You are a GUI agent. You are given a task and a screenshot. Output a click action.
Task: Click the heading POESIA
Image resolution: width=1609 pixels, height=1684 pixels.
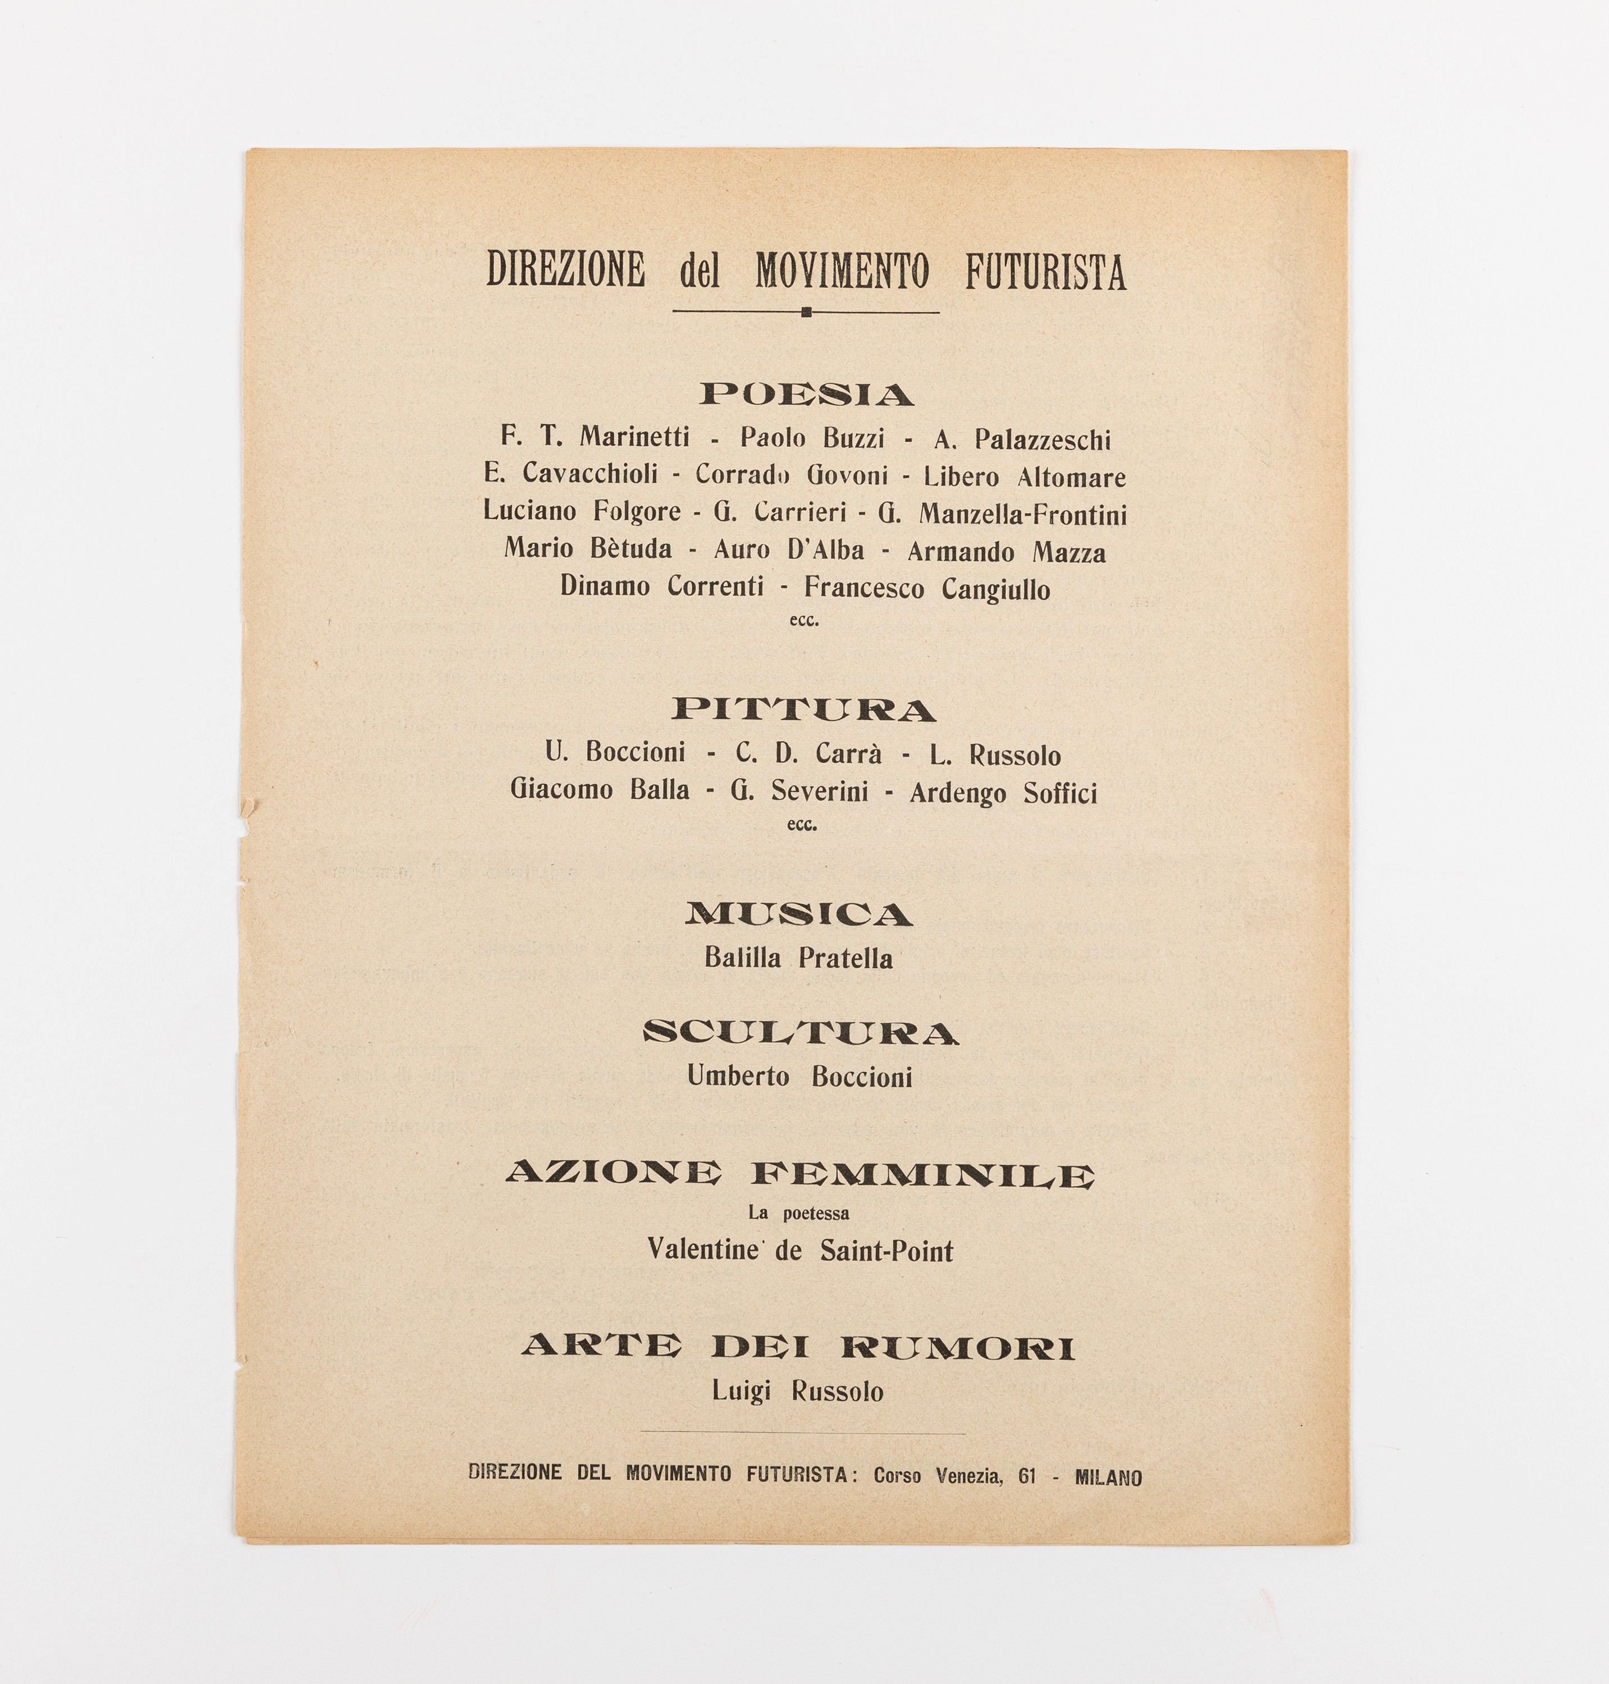point(806,395)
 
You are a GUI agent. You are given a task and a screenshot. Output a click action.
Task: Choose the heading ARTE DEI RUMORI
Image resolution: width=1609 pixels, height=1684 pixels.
point(798,1347)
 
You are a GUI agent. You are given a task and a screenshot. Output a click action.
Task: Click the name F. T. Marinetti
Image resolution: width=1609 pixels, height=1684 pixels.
point(595,437)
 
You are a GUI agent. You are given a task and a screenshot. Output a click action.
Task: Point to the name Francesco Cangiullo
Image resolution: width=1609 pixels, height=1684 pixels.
point(926,588)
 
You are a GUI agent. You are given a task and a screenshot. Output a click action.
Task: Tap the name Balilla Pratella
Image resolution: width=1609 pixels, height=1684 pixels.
point(798,958)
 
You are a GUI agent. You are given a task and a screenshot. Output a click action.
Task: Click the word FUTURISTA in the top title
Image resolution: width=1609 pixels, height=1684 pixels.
point(1045,271)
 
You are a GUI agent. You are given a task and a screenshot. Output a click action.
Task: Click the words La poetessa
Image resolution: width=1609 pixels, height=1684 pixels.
point(798,1213)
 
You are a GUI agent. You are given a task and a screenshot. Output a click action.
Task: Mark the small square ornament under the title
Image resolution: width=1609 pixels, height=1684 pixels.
point(806,312)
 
